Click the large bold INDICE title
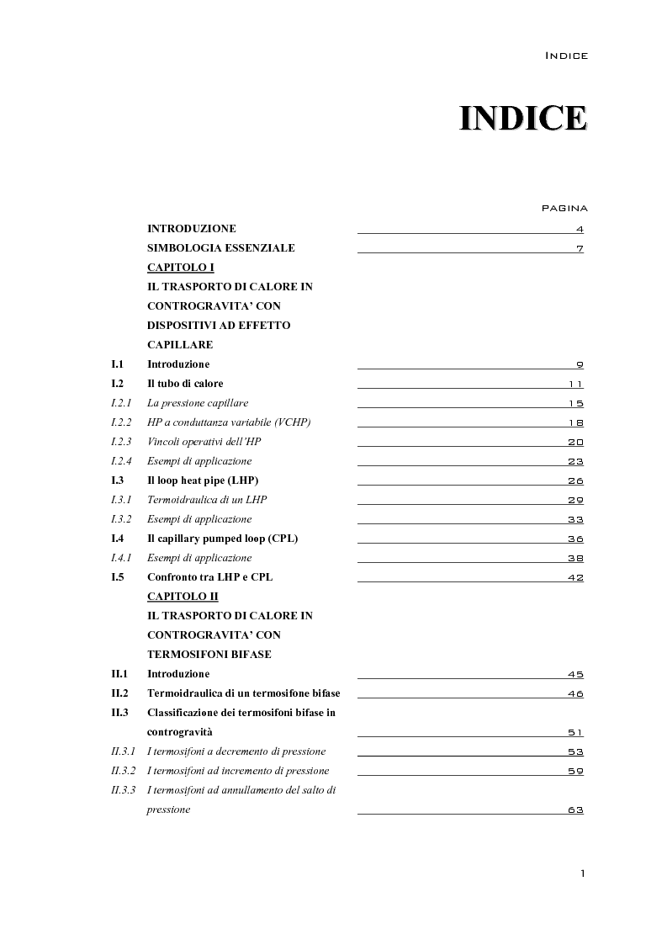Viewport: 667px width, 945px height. (522, 118)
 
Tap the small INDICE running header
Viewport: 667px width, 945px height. (566, 56)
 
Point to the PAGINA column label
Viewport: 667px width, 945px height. (564, 208)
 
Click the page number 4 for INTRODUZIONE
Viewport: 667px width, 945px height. (580, 230)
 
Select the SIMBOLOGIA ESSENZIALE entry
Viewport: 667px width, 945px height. (220, 248)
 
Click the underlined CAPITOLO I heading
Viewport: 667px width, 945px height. (181, 267)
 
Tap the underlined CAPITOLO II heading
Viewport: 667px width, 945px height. (183, 596)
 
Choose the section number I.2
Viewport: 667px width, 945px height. (118, 384)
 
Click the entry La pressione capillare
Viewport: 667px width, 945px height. (198, 403)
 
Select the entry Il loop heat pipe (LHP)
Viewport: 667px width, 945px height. (203, 480)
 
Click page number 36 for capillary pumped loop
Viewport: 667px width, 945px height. (575, 539)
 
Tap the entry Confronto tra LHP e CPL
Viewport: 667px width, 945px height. (209, 577)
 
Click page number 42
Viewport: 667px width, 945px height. (575, 578)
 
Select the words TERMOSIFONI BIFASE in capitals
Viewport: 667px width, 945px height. (209, 654)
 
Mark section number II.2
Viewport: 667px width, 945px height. (119, 693)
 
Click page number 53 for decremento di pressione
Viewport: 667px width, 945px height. (575, 752)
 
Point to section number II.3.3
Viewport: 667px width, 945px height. (124, 790)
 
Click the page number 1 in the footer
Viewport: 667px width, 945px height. (582, 873)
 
